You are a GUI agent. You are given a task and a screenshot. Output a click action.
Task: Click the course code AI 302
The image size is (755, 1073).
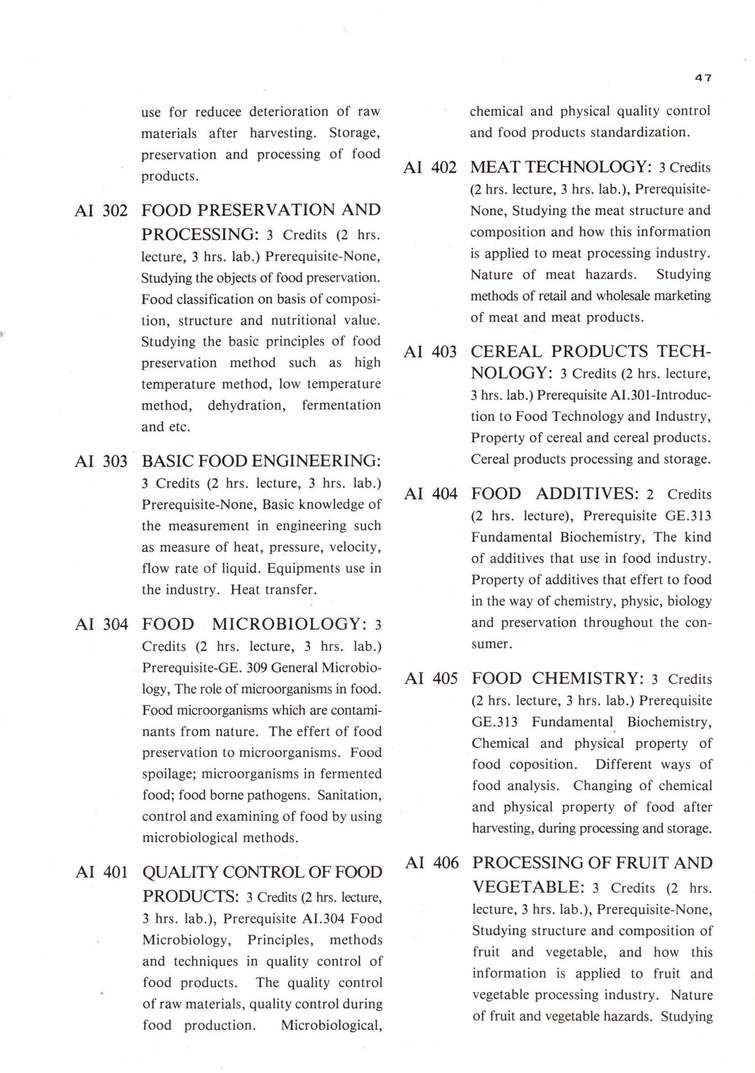(101, 211)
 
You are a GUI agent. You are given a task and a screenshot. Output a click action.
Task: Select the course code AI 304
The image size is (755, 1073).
(101, 624)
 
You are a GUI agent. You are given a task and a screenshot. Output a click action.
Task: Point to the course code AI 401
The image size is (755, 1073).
(102, 872)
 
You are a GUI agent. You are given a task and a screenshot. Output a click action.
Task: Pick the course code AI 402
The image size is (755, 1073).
(430, 167)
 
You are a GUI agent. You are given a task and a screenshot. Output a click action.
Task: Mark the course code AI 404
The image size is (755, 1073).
(431, 494)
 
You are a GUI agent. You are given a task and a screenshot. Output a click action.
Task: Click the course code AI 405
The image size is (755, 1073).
(431, 678)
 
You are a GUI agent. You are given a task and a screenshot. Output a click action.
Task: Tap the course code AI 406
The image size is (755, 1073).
(432, 863)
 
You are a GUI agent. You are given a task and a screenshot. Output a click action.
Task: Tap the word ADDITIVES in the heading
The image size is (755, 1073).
(587, 494)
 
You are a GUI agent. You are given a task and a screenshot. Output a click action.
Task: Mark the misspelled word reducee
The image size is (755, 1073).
(218, 112)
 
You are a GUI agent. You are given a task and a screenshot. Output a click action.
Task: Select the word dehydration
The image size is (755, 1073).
(247, 405)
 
